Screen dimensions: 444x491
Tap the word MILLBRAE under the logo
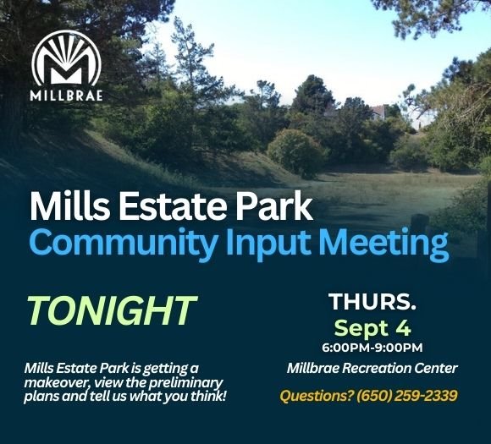click(x=66, y=95)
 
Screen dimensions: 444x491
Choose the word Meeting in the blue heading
click(x=384, y=244)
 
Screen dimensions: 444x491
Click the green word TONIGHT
click(x=111, y=311)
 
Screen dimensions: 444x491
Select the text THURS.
click(x=372, y=302)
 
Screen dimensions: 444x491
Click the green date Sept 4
click(x=372, y=327)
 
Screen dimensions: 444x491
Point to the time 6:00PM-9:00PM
click(x=372, y=348)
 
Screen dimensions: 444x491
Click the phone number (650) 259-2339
click(x=407, y=395)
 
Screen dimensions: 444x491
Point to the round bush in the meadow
click(x=295, y=152)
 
